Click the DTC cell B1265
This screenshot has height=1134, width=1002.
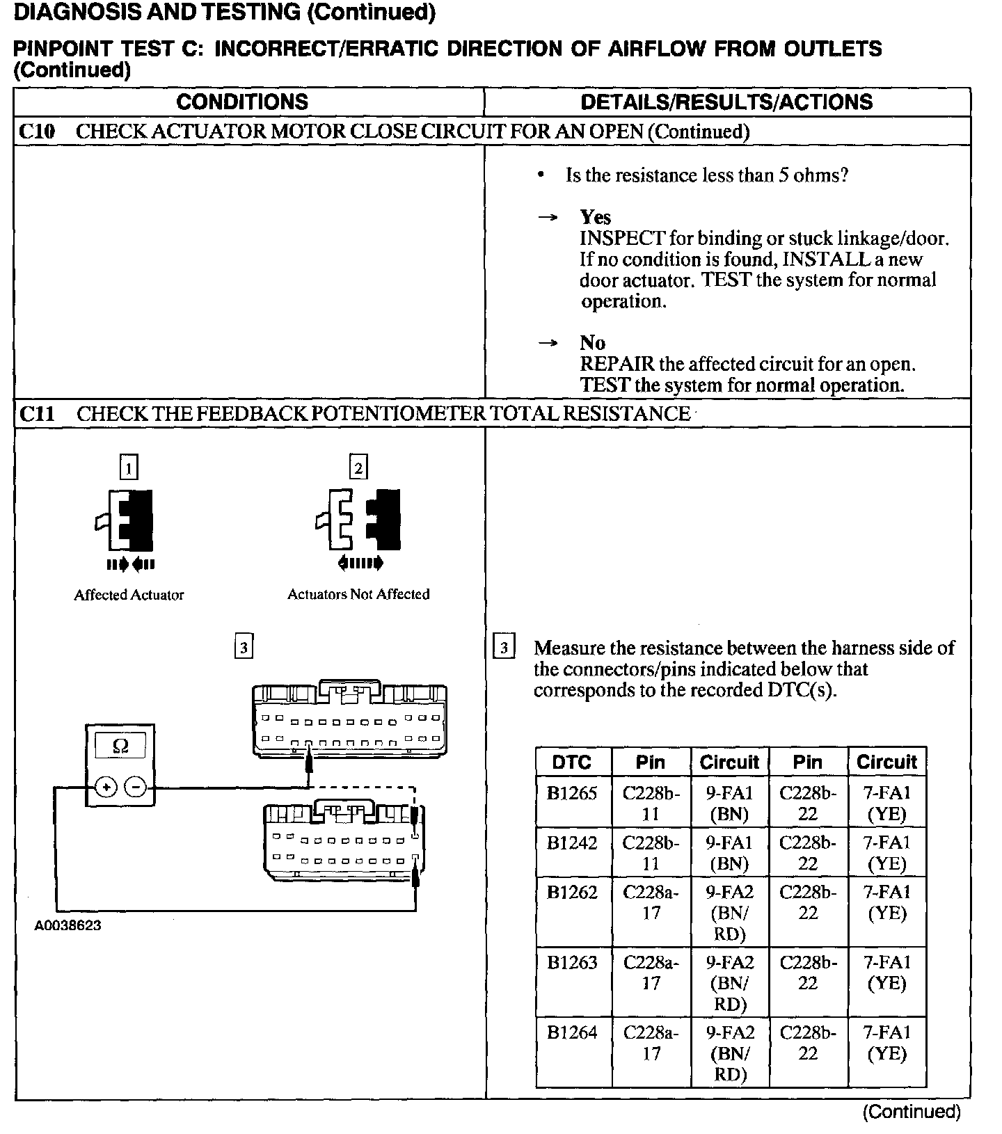[x=572, y=793]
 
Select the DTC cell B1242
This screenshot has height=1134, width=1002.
[x=572, y=842]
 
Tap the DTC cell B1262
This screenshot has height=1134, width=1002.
[x=572, y=892]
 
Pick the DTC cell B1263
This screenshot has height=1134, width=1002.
[x=572, y=962]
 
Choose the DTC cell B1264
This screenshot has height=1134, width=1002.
[x=572, y=1032]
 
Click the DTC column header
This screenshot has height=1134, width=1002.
[x=572, y=762]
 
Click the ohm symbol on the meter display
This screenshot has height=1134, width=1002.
[x=120, y=746]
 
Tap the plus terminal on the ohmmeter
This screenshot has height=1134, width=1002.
[x=106, y=788]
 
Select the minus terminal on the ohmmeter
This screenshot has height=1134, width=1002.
[x=136, y=788]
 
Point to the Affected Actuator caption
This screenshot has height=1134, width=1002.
[x=129, y=595]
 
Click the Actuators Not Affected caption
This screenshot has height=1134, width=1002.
[x=358, y=594]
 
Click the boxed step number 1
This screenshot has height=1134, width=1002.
[x=129, y=467]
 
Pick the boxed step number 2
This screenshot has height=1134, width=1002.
[x=358, y=467]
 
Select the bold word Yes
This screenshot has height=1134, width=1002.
[x=595, y=217]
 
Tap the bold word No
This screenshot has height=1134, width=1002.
[x=592, y=342]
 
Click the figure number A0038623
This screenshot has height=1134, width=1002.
[x=67, y=926]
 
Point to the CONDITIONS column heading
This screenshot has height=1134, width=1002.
[x=242, y=102]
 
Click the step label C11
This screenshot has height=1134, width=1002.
[x=37, y=414]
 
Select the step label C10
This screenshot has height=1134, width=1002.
[x=37, y=131]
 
